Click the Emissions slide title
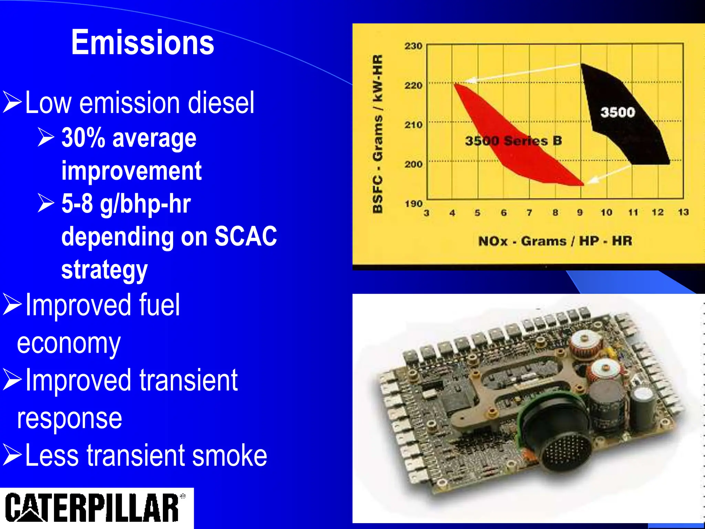pyautogui.click(x=143, y=42)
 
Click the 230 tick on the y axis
pyautogui.click(x=413, y=46)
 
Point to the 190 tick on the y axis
pyautogui.click(x=413, y=204)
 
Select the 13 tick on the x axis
pyautogui.click(x=683, y=212)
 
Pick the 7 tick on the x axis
pyautogui.click(x=529, y=213)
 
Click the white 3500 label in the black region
pyautogui.click(x=618, y=112)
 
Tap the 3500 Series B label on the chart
pyautogui.click(x=513, y=141)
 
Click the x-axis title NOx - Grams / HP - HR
pyautogui.click(x=555, y=241)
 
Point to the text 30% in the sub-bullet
pyautogui.click(x=83, y=138)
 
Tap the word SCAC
pyautogui.click(x=246, y=236)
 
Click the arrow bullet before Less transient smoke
pyautogui.click(x=12, y=455)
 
